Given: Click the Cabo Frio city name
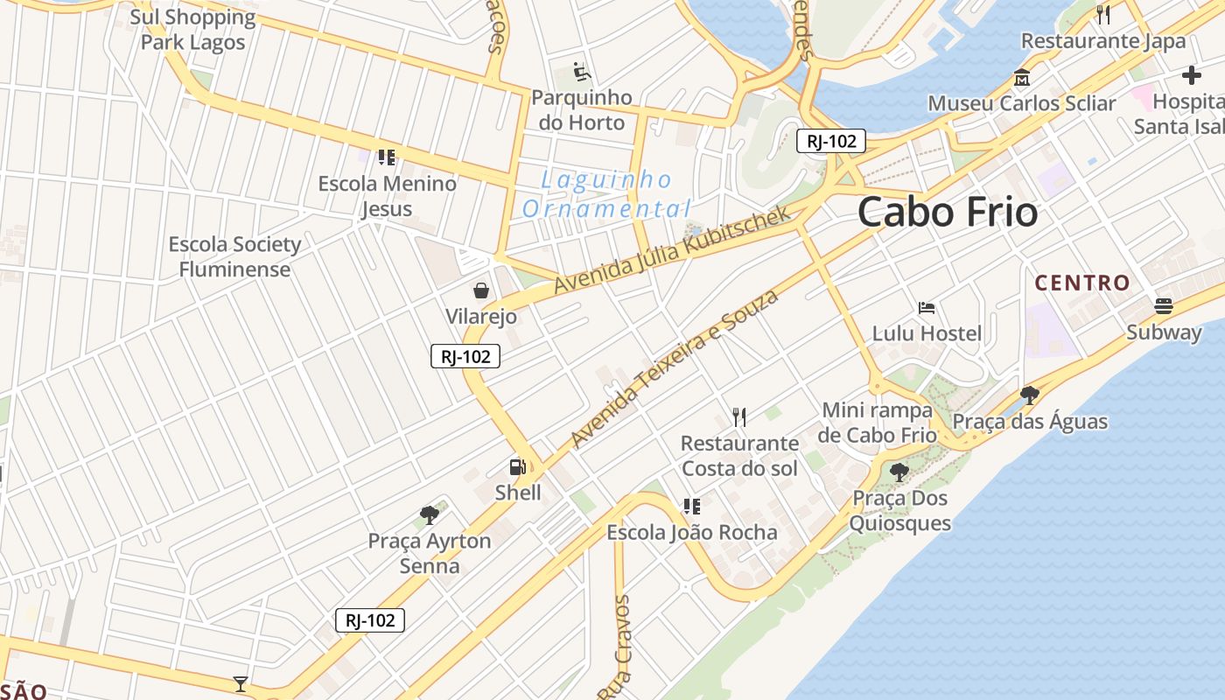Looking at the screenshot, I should tap(948, 213).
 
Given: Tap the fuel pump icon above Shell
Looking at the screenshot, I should tap(519, 467).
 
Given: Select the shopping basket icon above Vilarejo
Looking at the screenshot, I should tap(480, 290).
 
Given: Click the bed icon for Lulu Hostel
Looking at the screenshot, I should tap(927, 308).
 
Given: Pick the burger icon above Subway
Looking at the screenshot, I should tap(1163, 305).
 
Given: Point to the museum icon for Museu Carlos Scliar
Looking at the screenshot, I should tap(1021, 78).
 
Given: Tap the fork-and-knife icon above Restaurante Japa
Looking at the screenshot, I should tap(1103, 14).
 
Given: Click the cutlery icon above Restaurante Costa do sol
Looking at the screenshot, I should tap(739, 417).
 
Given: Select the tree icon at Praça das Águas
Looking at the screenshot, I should tap(1030, 395).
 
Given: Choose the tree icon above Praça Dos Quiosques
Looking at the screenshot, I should tap(899, 472).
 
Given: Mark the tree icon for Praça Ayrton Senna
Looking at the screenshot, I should tap(429, 514).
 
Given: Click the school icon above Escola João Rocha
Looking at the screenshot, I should tap(692, 507).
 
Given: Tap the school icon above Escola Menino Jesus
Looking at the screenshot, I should tap(386, 157).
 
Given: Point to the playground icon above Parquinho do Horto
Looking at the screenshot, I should tap(582, 71).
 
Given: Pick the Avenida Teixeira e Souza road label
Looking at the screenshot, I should tap(674, 368).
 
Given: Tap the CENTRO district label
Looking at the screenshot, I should tap(1082, 283).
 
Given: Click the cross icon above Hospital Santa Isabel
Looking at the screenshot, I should tap(1191, 75).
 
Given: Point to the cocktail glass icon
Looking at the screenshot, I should tap(241, 683).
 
